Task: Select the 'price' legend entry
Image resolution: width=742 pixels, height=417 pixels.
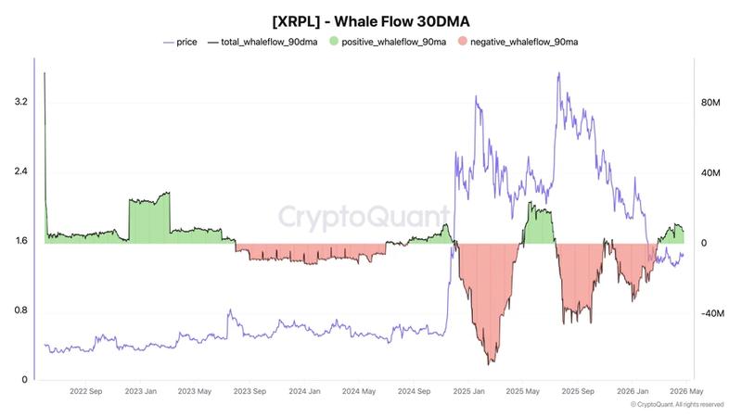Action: [185, 42]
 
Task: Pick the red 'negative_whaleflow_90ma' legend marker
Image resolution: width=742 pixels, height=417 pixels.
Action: [463, 42]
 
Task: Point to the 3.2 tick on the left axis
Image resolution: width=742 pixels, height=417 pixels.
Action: [18, 102]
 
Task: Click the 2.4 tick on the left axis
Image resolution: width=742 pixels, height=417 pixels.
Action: [18, 171]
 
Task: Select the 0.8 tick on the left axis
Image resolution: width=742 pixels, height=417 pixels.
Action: [18, 310]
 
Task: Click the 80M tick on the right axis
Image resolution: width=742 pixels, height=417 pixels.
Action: [710, 102]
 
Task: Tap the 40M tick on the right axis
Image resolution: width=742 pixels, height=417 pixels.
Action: [710, 173]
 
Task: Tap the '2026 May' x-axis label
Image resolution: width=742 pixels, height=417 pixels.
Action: [685, 392]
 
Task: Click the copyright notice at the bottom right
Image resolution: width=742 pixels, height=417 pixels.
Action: [676, 405]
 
